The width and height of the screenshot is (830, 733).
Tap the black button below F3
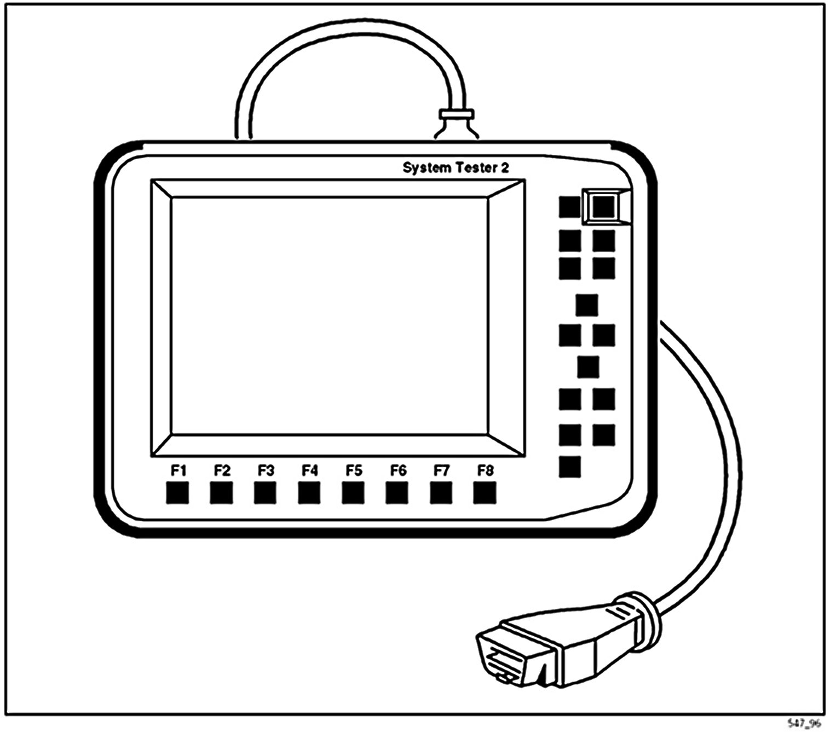pos(266,493)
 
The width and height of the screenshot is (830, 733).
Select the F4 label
pos(310,470)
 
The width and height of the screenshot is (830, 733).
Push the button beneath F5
pos(353,493)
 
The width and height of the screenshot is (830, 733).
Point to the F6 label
pos(398,470)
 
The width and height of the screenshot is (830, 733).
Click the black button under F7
pos(441,493)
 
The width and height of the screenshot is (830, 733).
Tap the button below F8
pos(485,493)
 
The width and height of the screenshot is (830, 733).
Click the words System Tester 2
pos(456,168)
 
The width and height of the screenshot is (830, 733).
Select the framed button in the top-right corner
pos(603,207)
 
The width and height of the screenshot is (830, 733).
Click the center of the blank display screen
pos(330,317)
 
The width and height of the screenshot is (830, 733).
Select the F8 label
pos(485,470)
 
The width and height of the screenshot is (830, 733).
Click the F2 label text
pos(222,470)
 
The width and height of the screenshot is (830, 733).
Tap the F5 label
pos(354,470)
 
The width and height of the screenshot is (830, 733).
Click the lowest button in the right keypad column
pos(570,467)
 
